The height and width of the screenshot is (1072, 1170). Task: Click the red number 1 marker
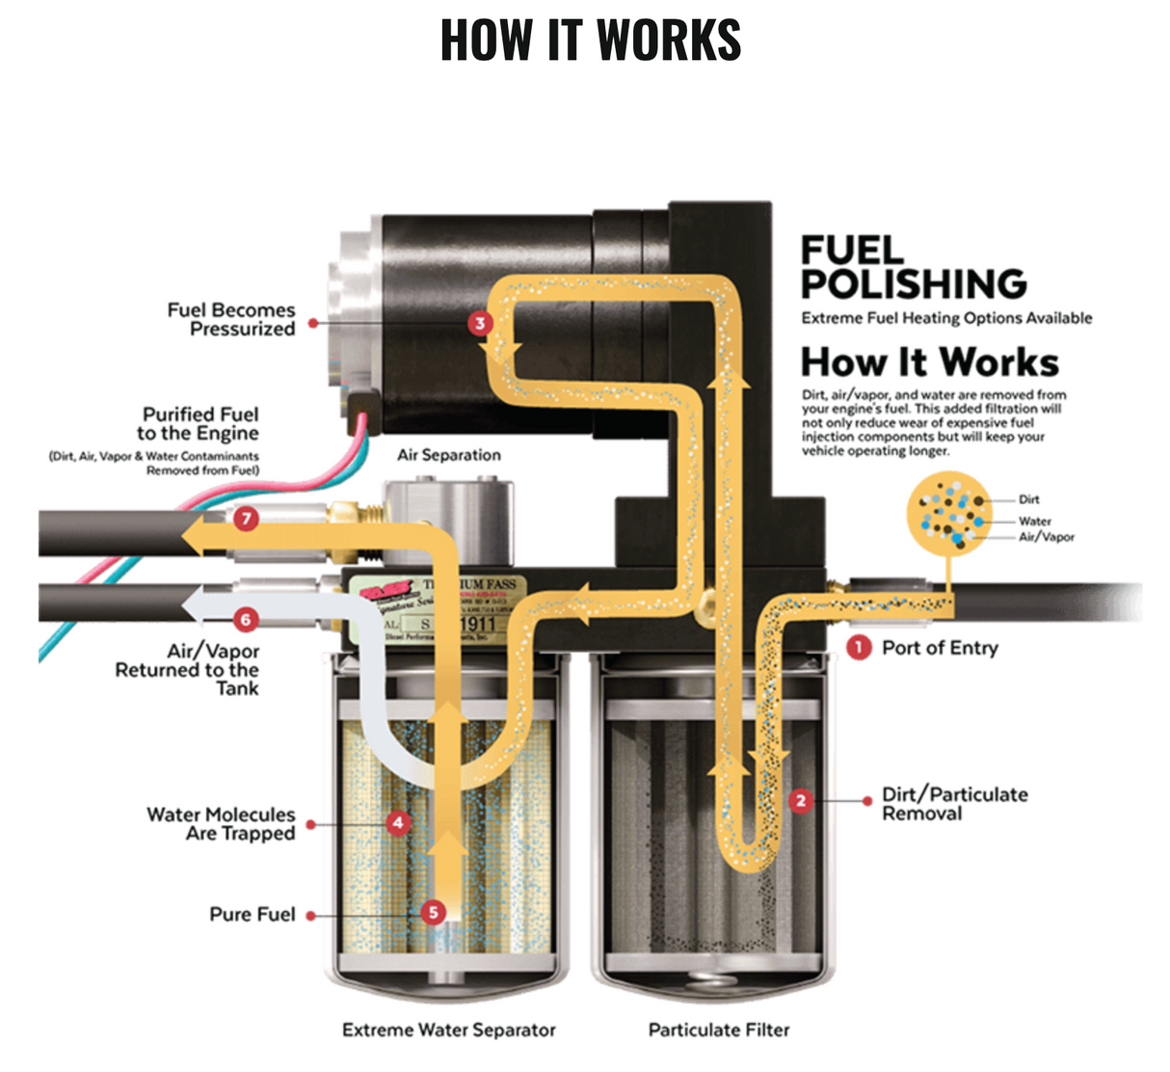click(858, 648)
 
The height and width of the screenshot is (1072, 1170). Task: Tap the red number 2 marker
click(800, 800)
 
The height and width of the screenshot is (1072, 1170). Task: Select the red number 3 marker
click(480, 323)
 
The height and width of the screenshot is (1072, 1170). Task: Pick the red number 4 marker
click(397, 822)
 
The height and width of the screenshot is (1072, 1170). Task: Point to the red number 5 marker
click(434, 912)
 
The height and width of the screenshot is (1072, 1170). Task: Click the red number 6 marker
click(246, 619)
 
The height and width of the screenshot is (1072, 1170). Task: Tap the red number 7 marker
click(247, 519)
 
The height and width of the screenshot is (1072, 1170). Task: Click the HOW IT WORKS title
click(590, 40)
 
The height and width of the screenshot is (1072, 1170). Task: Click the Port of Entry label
click(940, 648)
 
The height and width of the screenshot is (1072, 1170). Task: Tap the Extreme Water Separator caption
click(449, 1030)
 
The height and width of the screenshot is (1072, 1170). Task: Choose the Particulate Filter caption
click(719, 1030)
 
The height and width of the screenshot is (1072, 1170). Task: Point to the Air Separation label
click(449, 455)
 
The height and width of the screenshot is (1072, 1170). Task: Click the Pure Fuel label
click(253, 914)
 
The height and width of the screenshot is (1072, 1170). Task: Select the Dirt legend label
click(1029, 499)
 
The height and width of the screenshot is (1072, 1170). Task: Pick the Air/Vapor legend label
click(1047, 537)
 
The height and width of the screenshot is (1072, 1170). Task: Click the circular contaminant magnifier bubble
click(948, 512)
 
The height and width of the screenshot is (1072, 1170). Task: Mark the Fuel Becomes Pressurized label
click(231, 319)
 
